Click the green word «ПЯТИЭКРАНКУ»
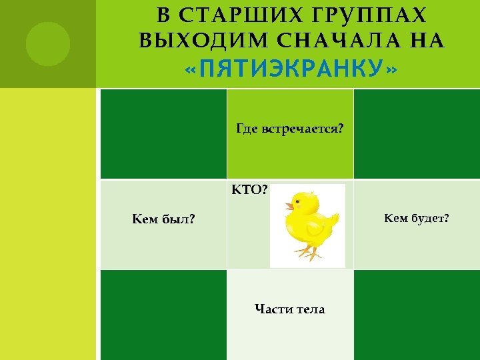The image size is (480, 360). pos(291,68)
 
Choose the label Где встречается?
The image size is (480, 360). pos(290,127)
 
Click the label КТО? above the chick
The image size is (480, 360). pos(250,190)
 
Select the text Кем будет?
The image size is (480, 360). pos(416,217)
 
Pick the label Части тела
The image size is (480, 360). pos(290,309)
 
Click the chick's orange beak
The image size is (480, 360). pos(289,206)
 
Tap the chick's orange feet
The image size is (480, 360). pos(307,253)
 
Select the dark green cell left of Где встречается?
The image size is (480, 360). pos(163,134)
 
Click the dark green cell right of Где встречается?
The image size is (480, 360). pos(416,134)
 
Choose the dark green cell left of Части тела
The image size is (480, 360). pos(163,314)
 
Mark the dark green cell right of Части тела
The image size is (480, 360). pos(416,314)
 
